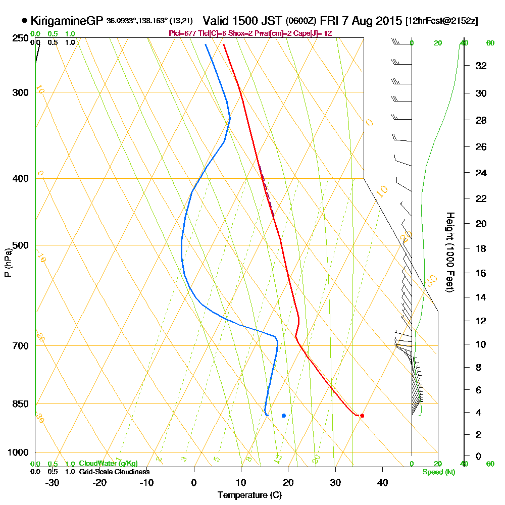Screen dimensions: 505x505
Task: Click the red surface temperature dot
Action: pyautogui.click(x=362, y=416)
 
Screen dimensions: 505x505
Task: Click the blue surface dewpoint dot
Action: pyautogui.click(x=284, y=416)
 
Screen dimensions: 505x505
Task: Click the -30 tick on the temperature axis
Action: pyautogui.click(x=53, y=482)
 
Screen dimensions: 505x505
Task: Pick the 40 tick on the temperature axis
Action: pyautogui.click(x=382, y=482)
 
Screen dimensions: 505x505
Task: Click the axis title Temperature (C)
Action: pyautogui.click(x=249, y=495)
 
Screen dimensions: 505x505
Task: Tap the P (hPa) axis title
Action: pyautogui.click(x=8, y=263)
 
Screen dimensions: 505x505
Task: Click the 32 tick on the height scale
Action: pyautogui.click(x=481, y=66)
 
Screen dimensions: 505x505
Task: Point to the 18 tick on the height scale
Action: pyautogui.click(x=481, y=248)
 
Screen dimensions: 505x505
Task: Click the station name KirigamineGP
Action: pyautogui.click(x=67, y=21)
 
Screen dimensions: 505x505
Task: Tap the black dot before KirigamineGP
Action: pyautogui.click(x=25, y=21)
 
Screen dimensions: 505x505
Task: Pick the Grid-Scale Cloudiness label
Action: pyautogui.click(x=114, y=472)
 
